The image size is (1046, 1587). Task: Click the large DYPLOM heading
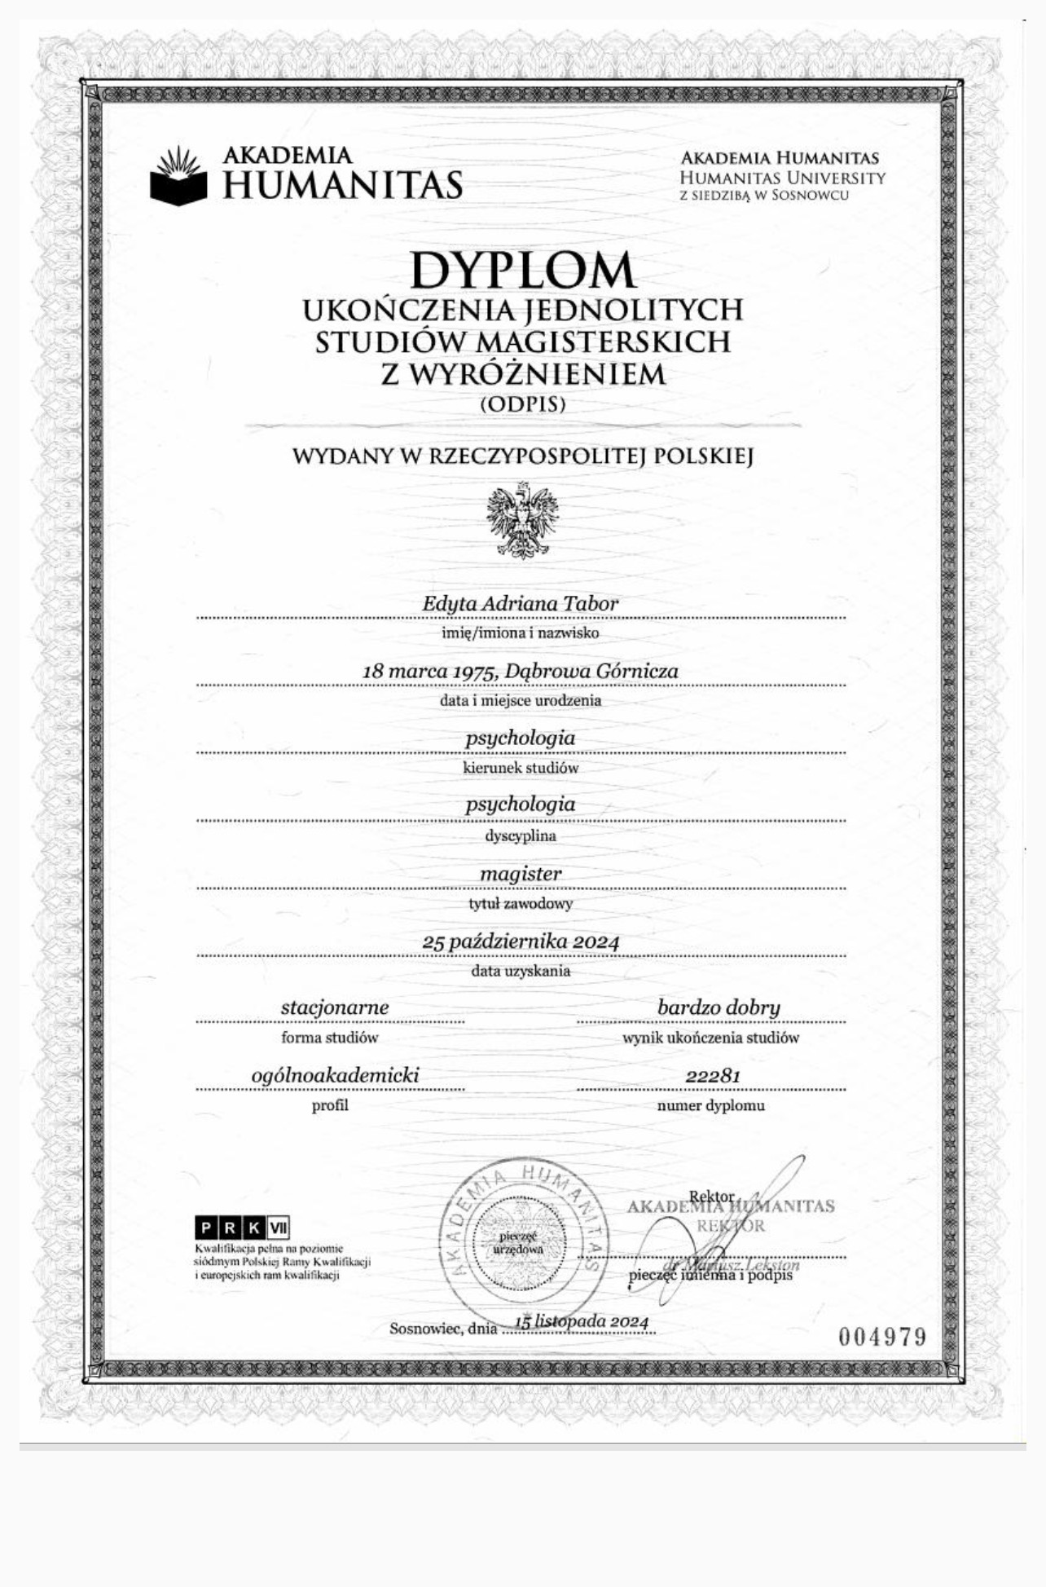coord(522,270)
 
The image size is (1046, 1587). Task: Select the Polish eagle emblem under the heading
coord(522,520)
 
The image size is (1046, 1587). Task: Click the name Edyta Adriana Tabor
coord(520,604)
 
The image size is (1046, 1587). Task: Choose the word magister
coord(521,874)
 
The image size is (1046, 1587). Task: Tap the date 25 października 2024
coord(521,941)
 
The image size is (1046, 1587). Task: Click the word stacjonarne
coord(335,1007)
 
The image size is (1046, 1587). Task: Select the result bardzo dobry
coord(719,1007)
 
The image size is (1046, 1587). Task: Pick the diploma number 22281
coord(713,1076)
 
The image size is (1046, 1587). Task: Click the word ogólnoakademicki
coord(335,1075)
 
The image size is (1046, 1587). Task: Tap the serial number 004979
coord(882,1337)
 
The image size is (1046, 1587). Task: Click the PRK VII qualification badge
coord(243,1228)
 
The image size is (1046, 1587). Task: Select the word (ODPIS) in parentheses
coord(522,403)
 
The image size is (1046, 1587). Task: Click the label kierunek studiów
coord(521,768)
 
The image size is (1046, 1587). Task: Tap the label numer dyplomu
coord(710,1106)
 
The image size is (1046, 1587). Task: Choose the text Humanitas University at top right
coord(782,177)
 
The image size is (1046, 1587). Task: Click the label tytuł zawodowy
coord(521,903)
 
